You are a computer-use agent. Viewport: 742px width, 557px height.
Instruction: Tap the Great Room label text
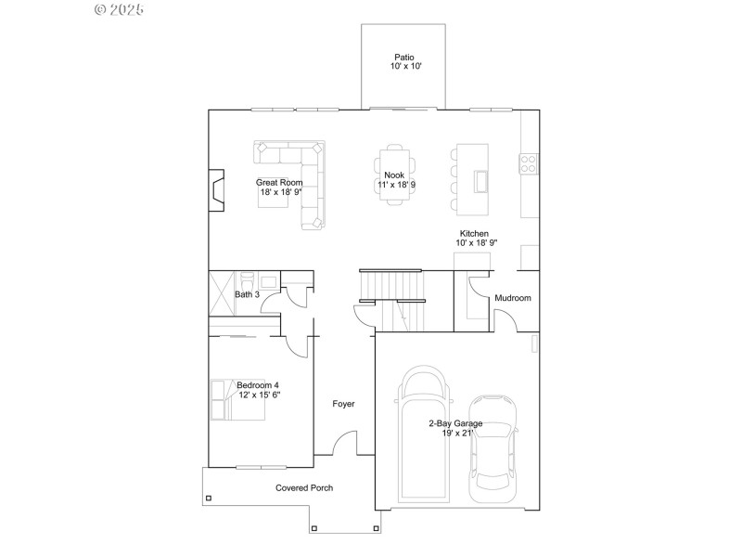(x=279, y=188)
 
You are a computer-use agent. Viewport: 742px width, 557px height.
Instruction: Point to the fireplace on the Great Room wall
(x=215, y=188)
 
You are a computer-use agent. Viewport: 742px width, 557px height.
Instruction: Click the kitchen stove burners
(x=530, y=164)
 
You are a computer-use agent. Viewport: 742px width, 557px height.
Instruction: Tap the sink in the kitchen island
(x=480, y=180)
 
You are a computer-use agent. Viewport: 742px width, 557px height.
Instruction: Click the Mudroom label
(x=512, y=298)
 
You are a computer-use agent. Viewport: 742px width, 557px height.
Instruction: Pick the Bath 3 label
(x=247, y=294)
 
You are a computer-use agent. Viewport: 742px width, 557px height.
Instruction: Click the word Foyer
(x=344, y=404)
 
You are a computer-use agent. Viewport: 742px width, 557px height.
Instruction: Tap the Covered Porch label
(x=303, y=487)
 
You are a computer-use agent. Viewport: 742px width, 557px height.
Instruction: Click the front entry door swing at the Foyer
(x=345, y=443)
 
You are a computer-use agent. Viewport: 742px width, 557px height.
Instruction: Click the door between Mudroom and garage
(x=506, y=321)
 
